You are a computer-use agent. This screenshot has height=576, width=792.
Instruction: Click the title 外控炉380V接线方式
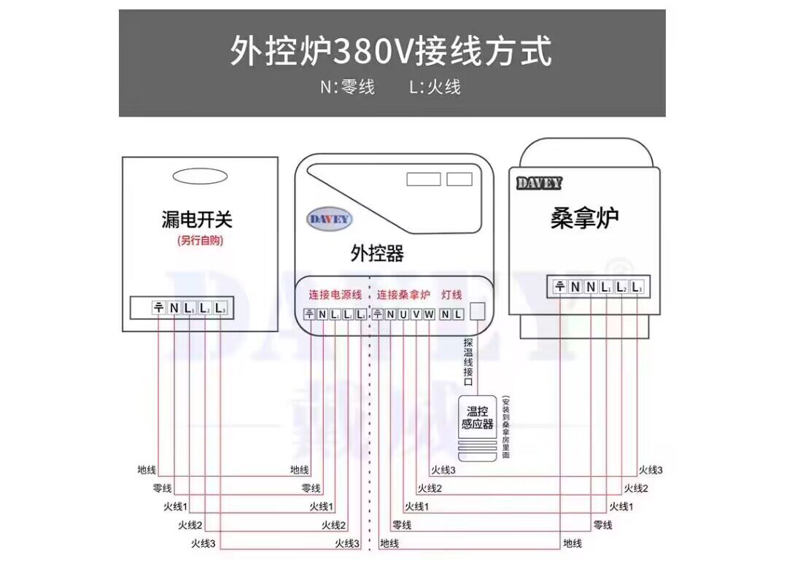(x=392, y=51)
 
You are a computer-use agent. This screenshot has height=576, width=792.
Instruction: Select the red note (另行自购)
(x=199, y=241)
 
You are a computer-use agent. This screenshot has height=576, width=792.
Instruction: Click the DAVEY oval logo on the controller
(x=330, y=219)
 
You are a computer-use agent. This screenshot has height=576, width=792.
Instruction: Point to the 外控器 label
(x=377, y=254)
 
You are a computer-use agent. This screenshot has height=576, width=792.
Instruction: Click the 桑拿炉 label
(x=585, y=218)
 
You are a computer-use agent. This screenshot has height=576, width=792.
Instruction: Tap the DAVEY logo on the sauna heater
(x=539, y=183)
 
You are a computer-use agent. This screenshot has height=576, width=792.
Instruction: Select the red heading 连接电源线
(x=335, y=295)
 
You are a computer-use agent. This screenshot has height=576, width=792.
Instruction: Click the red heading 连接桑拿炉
(x=403, y=295)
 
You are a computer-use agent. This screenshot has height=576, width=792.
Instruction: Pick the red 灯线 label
(x=452, y=295)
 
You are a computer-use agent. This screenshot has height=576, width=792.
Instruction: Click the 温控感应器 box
(x=478, y=418)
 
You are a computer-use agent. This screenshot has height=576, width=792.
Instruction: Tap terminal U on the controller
(x=403, y=315)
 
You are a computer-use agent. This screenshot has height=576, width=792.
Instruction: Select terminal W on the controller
(x=429, y=315)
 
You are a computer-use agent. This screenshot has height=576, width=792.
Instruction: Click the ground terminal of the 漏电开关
(x=158, y=308)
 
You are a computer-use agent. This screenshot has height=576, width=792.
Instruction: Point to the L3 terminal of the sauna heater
(x=637, y=287)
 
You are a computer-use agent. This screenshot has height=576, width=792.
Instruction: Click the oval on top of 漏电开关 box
(x=199, y=176)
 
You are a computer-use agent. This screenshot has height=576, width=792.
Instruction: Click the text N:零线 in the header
(x=347, y=87)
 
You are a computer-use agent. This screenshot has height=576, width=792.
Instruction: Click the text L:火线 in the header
(x=435, y=87)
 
